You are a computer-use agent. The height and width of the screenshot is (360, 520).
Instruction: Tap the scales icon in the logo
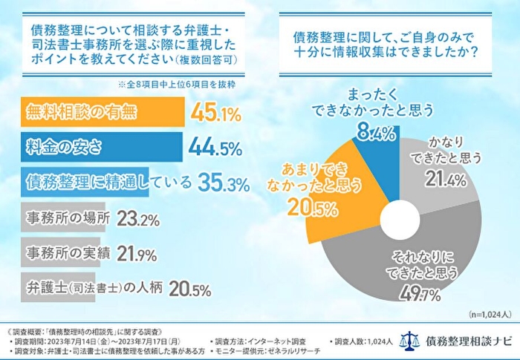409,339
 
